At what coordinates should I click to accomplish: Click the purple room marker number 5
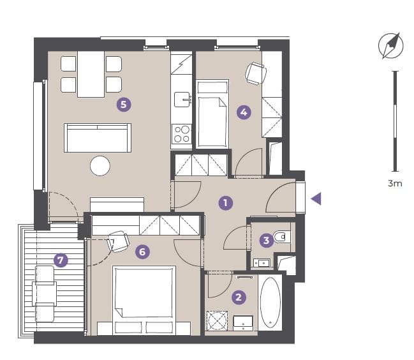[x=124, y=104]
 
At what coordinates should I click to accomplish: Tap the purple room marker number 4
[x=244, y=112]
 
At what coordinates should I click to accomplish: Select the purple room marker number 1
[x=226, y=203]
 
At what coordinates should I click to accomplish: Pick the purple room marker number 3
[x=267, y=241]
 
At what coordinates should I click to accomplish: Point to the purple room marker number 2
[x=239, y=297]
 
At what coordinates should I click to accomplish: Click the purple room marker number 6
[x=143, y=251]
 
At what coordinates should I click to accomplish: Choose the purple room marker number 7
[x=61, y=260]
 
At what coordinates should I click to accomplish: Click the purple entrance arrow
[x=316, y=199]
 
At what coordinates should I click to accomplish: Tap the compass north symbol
[x=391, y=45]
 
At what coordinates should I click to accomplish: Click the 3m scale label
[x=395, y=183]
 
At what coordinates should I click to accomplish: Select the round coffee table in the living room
[x=100, y=166]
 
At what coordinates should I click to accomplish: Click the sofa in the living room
[x=98, y=138]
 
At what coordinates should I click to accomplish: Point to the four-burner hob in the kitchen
[x=182, y=134]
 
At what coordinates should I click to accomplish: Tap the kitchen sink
[x=182, y=100]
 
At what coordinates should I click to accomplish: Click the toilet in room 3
[x=282, y=237]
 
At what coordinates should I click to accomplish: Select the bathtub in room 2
[x=270, y=303]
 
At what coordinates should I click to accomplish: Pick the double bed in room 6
[x=144, y=300]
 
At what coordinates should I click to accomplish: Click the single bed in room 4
[x=212, y=114]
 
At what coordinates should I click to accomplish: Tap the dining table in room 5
[x=91, y=74]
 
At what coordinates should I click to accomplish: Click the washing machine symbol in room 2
[x=217, y=320]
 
